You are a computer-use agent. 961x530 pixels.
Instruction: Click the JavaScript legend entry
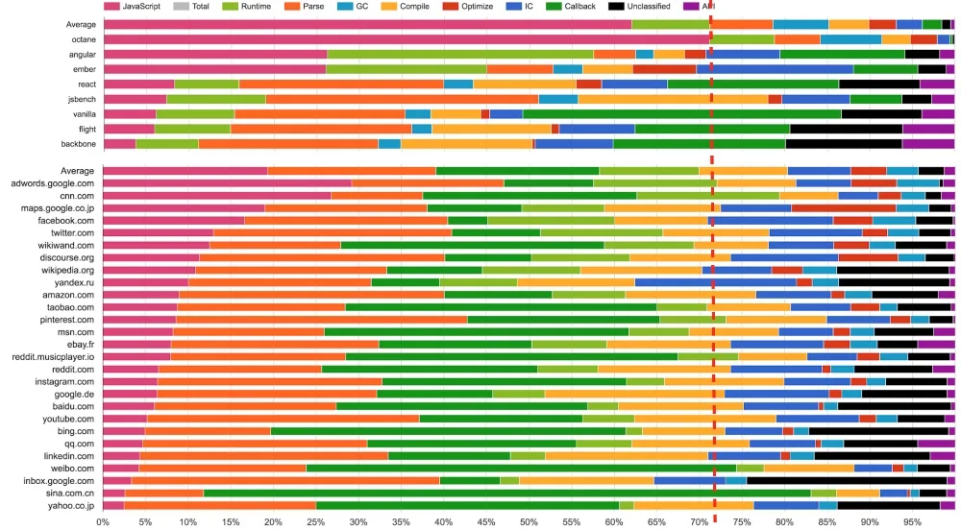point(133,7)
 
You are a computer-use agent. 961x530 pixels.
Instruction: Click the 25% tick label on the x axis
point(315,522)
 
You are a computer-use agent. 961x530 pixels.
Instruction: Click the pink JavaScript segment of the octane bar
point(404,38)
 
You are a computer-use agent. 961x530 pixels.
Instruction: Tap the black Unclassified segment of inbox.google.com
point(846,479)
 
